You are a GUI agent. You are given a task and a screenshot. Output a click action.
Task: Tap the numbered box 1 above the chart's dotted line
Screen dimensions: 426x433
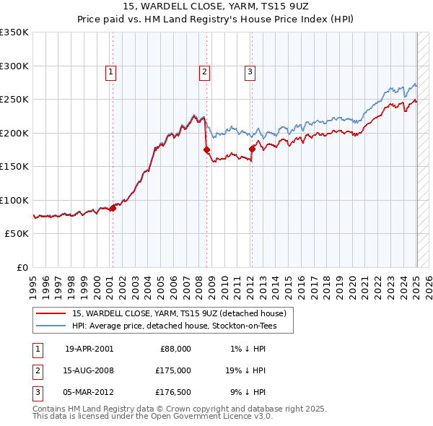tap(111, 71)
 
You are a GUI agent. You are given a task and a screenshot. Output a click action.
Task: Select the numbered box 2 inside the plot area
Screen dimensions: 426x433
tap(205, 71)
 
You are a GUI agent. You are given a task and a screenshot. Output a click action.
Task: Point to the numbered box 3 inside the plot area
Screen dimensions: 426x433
tap(250, 71)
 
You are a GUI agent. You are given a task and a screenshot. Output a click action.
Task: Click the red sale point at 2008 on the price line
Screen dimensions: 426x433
tap(207, 150)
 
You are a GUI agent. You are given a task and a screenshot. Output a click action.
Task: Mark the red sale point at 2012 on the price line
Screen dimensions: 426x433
tap(252, 149)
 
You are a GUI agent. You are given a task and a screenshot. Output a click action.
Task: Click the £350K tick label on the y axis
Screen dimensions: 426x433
tap(14, 32)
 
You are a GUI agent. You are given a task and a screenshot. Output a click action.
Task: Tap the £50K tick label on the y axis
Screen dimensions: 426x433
tap(17, 234)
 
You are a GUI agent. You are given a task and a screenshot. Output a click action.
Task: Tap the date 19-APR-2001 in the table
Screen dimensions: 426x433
tap(89, 348)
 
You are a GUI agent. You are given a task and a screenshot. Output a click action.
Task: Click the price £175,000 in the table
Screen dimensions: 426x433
tap(172, 370)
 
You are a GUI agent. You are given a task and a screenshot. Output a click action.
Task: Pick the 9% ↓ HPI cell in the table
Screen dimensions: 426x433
tap(248, 393)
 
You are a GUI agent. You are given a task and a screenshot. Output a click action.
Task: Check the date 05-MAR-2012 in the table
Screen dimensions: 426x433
tap(89, 393)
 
